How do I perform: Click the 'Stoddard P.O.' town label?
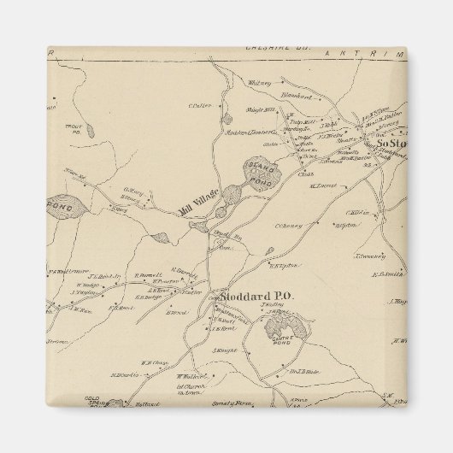245,297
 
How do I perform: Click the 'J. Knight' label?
223,350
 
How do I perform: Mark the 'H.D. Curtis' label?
124,375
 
